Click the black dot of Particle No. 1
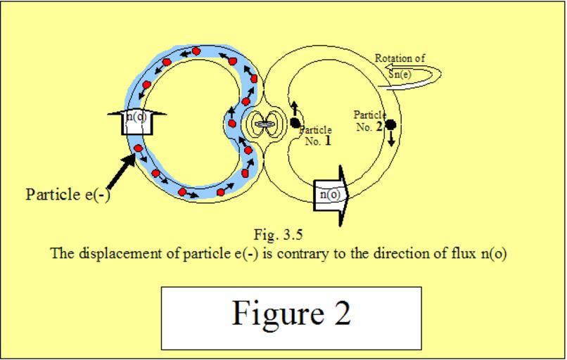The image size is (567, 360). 295,123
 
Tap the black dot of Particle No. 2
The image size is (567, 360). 390,125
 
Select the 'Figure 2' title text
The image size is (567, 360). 291,314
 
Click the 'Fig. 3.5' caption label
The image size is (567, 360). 278,235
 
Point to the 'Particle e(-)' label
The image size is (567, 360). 68,195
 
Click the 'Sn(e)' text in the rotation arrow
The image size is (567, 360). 400,74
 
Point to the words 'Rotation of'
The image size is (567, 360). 400,58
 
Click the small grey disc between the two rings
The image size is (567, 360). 265,124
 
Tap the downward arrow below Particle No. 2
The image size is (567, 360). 391,139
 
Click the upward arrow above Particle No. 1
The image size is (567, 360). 295,109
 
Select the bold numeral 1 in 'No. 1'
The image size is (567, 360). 328,140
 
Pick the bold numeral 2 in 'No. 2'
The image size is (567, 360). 379,127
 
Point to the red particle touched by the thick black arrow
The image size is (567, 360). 138,148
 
